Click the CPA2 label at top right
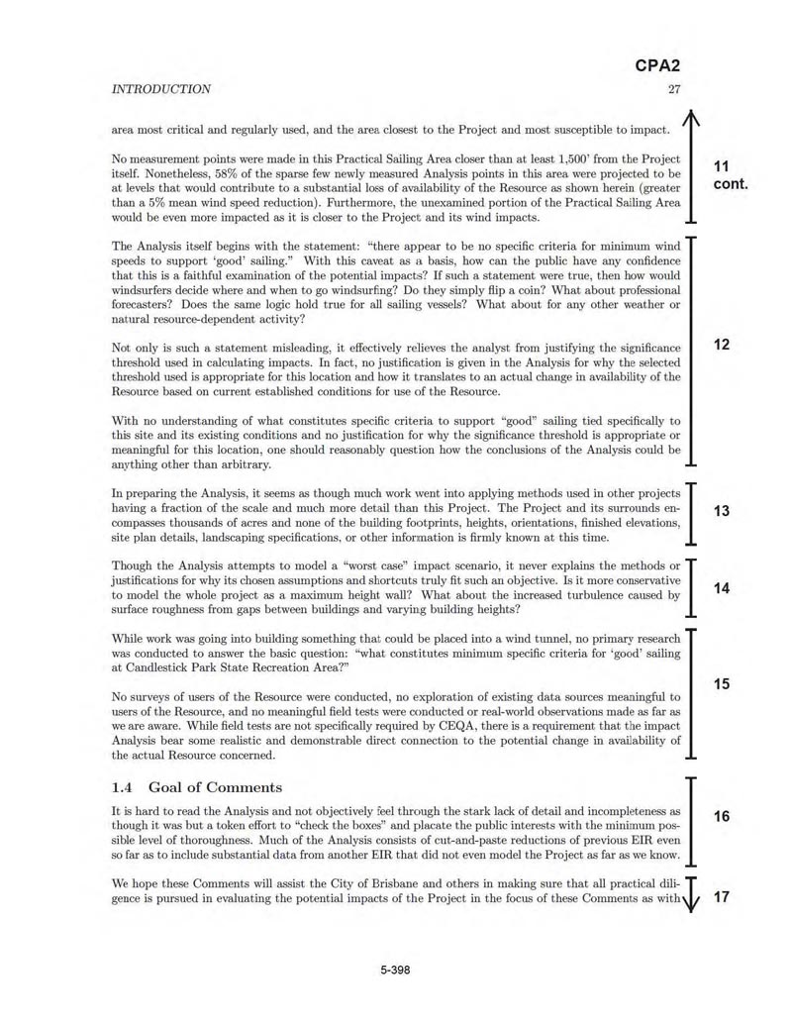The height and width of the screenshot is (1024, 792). (x=656, y=66)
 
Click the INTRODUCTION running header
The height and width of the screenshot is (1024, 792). (x=160, y=89)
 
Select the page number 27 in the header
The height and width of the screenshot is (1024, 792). (x=674, y=89)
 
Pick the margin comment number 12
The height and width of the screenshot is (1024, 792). (x=721, y=345)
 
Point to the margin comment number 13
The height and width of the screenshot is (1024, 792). (x=721, y=511)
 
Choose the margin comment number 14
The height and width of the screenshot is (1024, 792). (x=721, y=588)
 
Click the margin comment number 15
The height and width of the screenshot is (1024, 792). (x=721, y=684)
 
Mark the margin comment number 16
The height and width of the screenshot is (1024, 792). (x=721, y=816)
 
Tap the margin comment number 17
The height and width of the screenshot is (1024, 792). (x=721, y=897)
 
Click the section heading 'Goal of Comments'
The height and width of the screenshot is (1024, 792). (x=215, y=787)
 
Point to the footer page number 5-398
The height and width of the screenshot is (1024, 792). (x=395, y=970)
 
